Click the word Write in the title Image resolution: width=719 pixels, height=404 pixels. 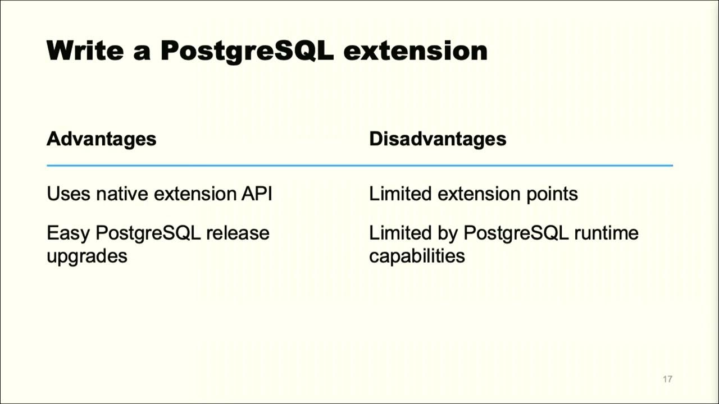click(85, 50)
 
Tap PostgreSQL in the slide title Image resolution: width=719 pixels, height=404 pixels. click(247, 50)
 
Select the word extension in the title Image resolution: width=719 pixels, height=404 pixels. click(415, 50)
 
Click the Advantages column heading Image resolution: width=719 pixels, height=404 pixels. click(101, 139)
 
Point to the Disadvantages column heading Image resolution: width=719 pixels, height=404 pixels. click(438, 139)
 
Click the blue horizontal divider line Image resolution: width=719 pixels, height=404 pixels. click(359, 166)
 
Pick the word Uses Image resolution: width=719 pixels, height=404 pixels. click(69, 194)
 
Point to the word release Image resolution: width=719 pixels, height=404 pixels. click(238, 233)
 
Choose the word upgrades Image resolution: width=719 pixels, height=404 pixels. click(87, 256)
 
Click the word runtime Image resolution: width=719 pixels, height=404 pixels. click(606, 233)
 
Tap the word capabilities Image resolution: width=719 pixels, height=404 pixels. click(417, 256)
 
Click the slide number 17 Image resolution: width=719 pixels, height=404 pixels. click(667, 379)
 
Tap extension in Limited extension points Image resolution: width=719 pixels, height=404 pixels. click(479, 194)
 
